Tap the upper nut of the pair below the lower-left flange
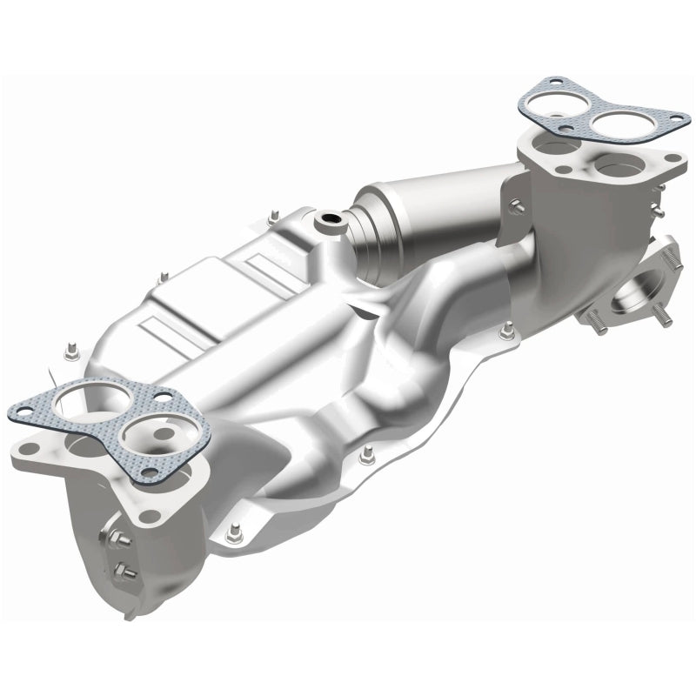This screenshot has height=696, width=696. pyautogui.click(x=119, y=539)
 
